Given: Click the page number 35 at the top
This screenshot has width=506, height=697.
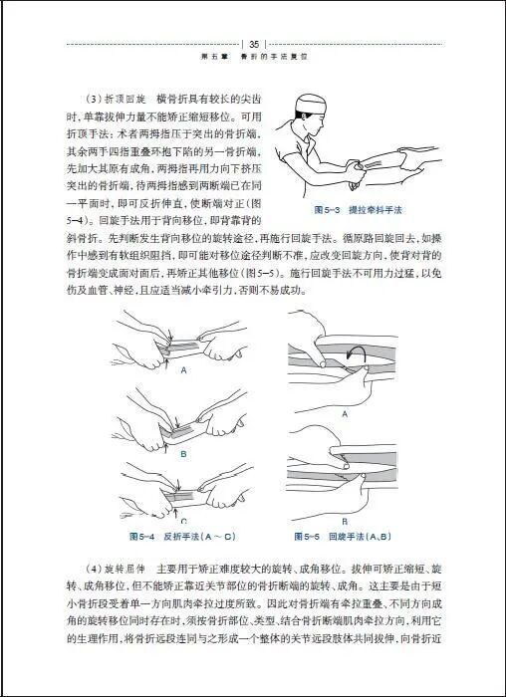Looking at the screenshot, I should (x=254, y=44).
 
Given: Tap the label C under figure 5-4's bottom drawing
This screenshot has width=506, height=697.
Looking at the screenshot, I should (x=183, y=520).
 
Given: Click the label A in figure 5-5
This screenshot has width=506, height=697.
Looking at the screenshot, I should (x=345, y=412).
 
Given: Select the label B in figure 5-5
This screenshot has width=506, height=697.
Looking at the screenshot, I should (x=345, y=520).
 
